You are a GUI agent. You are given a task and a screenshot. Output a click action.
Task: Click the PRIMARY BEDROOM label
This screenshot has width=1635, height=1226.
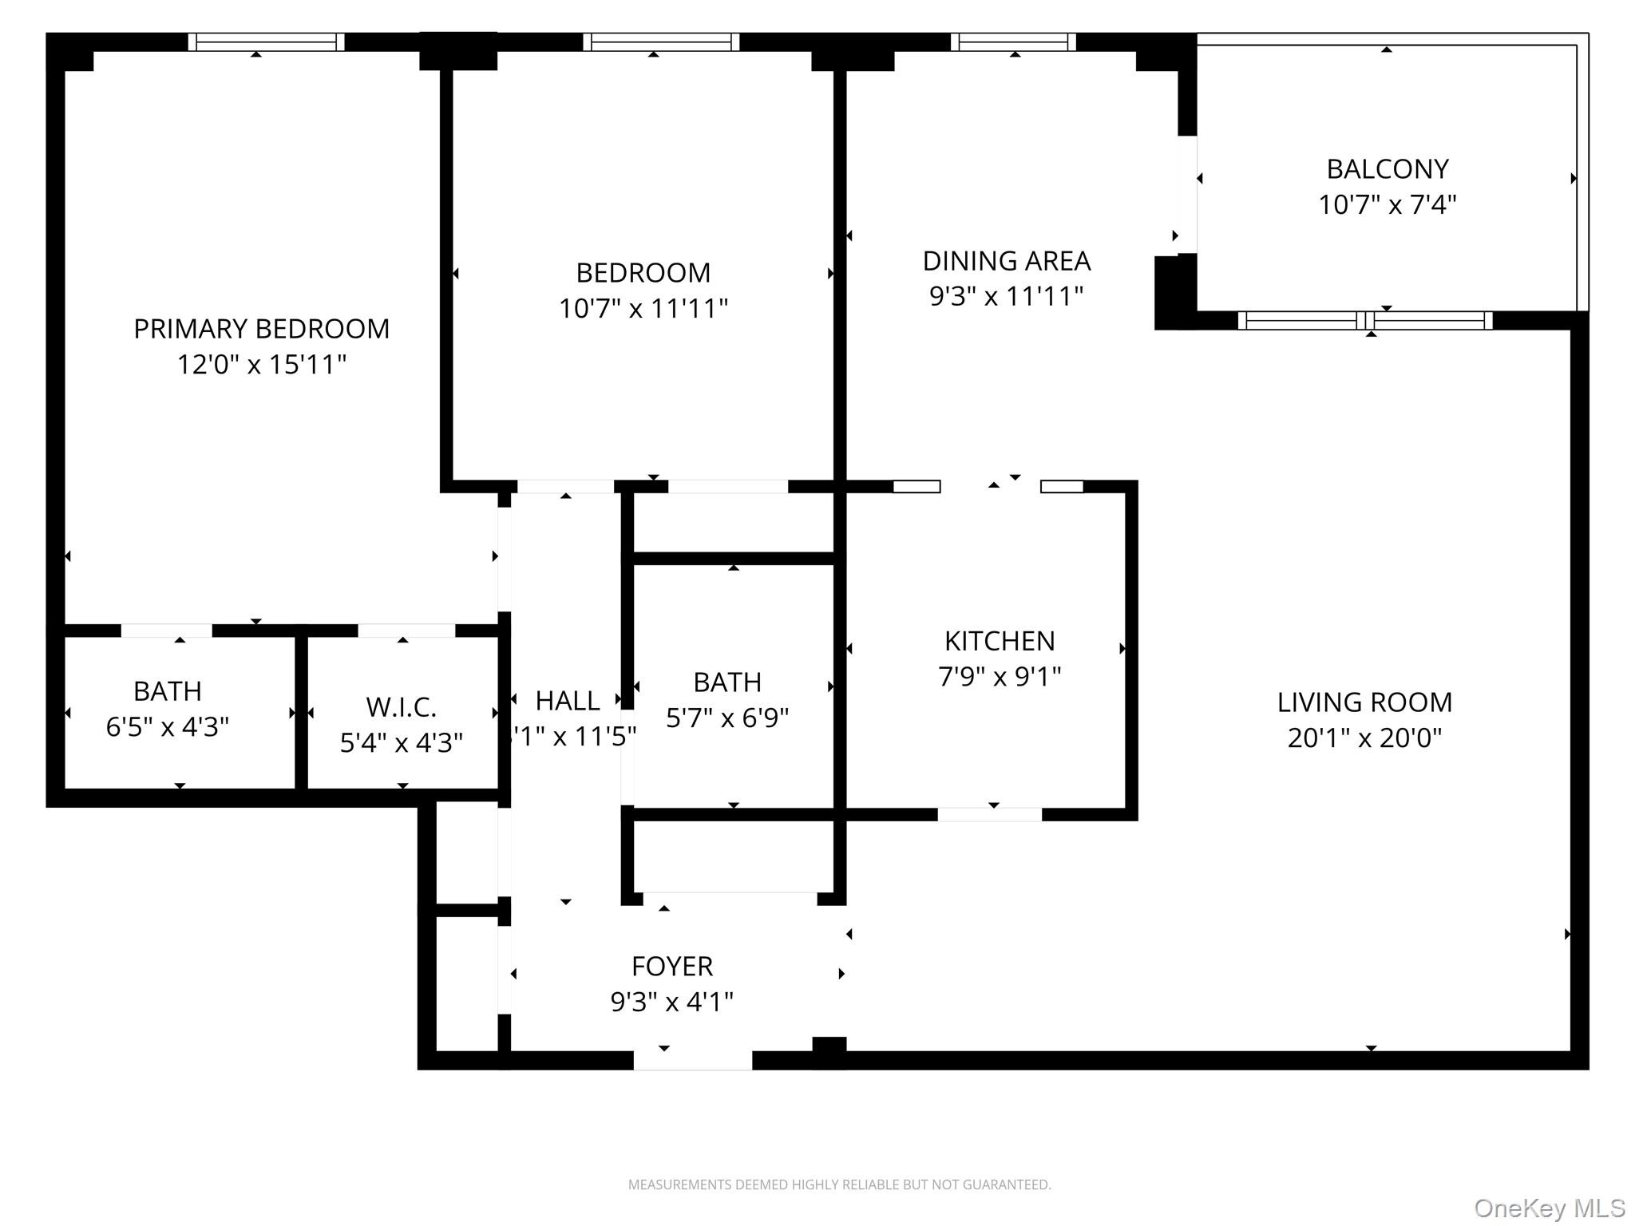261,329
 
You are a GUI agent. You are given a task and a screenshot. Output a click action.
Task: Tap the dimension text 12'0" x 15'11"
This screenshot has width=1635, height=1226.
261,365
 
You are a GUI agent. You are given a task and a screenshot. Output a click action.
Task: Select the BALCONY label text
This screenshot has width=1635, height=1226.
1388,169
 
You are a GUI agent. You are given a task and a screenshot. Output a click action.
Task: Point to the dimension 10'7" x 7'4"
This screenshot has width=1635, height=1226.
1388,205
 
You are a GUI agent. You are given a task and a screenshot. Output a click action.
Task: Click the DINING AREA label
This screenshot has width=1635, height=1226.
1006,261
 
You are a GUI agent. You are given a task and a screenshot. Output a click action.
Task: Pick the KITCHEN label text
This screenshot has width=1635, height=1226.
1000,641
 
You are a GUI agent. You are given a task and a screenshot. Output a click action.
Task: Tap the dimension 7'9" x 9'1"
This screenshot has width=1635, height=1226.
1000,677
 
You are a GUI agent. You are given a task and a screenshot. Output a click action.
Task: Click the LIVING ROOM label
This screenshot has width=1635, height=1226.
1364,702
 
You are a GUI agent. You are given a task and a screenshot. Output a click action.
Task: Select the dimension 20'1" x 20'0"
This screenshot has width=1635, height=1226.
1364,738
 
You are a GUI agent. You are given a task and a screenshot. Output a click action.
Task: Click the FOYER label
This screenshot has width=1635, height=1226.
671,967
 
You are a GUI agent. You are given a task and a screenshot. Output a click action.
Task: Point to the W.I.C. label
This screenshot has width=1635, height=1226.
401,707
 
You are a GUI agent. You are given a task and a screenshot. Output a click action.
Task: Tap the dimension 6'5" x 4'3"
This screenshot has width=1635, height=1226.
168,727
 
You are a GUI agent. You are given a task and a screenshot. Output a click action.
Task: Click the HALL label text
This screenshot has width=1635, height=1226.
567,701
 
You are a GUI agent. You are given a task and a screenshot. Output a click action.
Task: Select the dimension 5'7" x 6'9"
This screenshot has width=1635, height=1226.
727,718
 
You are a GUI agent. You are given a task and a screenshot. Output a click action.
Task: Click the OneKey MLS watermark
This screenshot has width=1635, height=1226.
1549,1208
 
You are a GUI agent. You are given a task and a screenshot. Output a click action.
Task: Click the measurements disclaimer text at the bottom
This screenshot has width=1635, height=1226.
839,1184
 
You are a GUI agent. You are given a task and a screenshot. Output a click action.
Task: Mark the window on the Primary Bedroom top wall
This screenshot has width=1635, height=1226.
267,42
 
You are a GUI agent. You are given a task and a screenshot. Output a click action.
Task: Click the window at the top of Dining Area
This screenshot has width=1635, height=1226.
1013,42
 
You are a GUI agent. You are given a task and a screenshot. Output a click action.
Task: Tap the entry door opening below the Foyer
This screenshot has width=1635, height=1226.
693,1060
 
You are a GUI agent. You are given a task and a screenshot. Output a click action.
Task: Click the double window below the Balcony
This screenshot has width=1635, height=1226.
1364,321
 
